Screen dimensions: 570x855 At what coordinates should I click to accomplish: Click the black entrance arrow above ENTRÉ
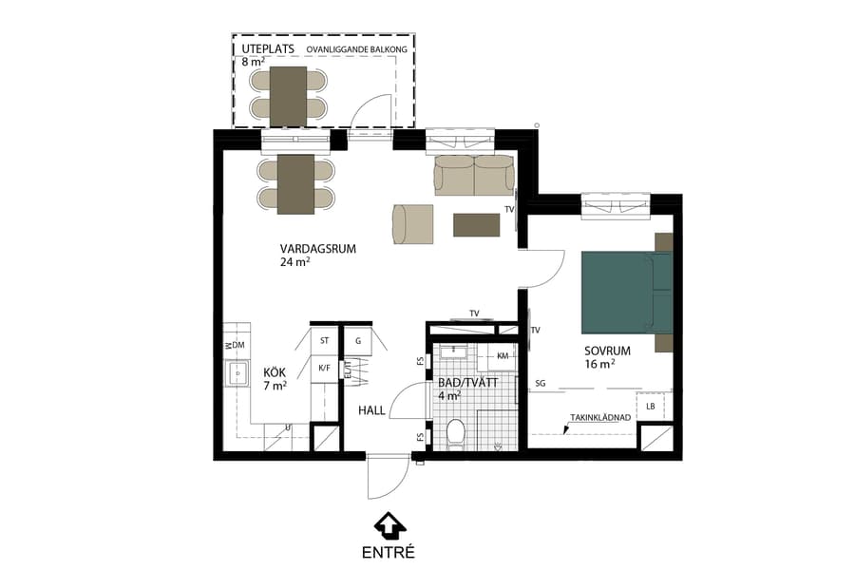click(x=389, y=524)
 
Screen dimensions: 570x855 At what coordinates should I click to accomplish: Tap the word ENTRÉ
click(x=389, y=551)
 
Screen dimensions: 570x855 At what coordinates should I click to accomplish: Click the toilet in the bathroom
click(x=455, y=431)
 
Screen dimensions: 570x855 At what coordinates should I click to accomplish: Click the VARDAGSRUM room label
click(x=318, y=249)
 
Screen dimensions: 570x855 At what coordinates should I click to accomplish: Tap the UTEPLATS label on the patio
click(x=268, y=49)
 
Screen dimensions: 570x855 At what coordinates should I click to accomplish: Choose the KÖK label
click(x=275, y=372)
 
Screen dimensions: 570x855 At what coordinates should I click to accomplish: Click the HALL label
click(x=371, y=410)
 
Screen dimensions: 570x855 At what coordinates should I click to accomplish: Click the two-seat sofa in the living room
click(x=474, y=176)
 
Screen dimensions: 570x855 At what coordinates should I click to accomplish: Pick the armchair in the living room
click(x=412, y=224)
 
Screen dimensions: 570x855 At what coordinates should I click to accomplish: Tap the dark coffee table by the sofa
click(x=477, y=224)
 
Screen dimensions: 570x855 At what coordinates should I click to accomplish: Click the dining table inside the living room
click(x=295, y=183)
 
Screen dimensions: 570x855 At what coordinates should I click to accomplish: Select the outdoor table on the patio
click(x=288, y=95)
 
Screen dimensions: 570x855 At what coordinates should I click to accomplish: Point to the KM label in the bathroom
click(x=503, y=356)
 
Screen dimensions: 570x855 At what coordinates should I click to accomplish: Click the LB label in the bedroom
click(x=650, y=407)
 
